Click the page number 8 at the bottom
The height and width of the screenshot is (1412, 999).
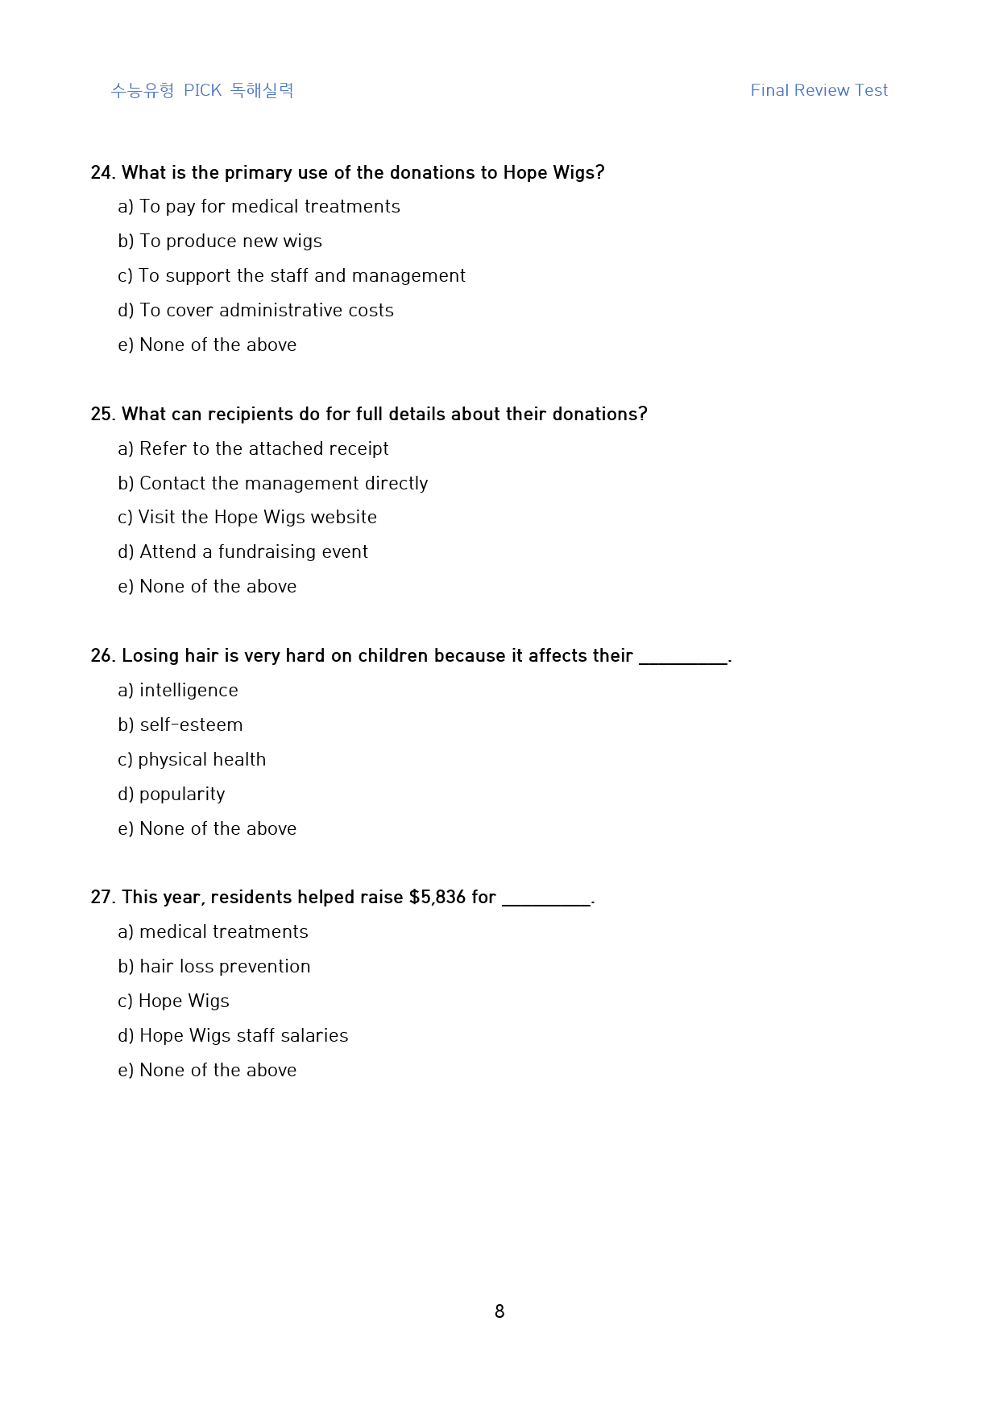499,1311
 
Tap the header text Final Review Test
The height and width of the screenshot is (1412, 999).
819,90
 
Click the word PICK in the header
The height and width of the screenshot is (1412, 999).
202,90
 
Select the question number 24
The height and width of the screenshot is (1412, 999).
102,173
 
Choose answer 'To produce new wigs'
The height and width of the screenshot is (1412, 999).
230,242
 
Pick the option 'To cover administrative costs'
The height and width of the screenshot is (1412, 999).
266,311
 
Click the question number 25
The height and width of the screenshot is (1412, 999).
102,415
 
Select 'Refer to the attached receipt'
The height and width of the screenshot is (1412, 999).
263,449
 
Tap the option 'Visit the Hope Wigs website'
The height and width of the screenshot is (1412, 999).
257,518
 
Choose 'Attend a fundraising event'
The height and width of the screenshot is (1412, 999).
253,552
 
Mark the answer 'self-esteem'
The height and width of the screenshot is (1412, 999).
191,725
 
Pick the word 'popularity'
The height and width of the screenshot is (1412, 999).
182,795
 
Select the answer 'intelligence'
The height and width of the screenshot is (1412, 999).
189,691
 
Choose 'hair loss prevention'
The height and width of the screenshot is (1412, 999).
225,967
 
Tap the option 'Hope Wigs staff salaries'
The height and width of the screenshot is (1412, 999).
243,1036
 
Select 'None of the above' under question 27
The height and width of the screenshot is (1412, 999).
218,1071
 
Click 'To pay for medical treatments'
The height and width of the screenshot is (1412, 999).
269,207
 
